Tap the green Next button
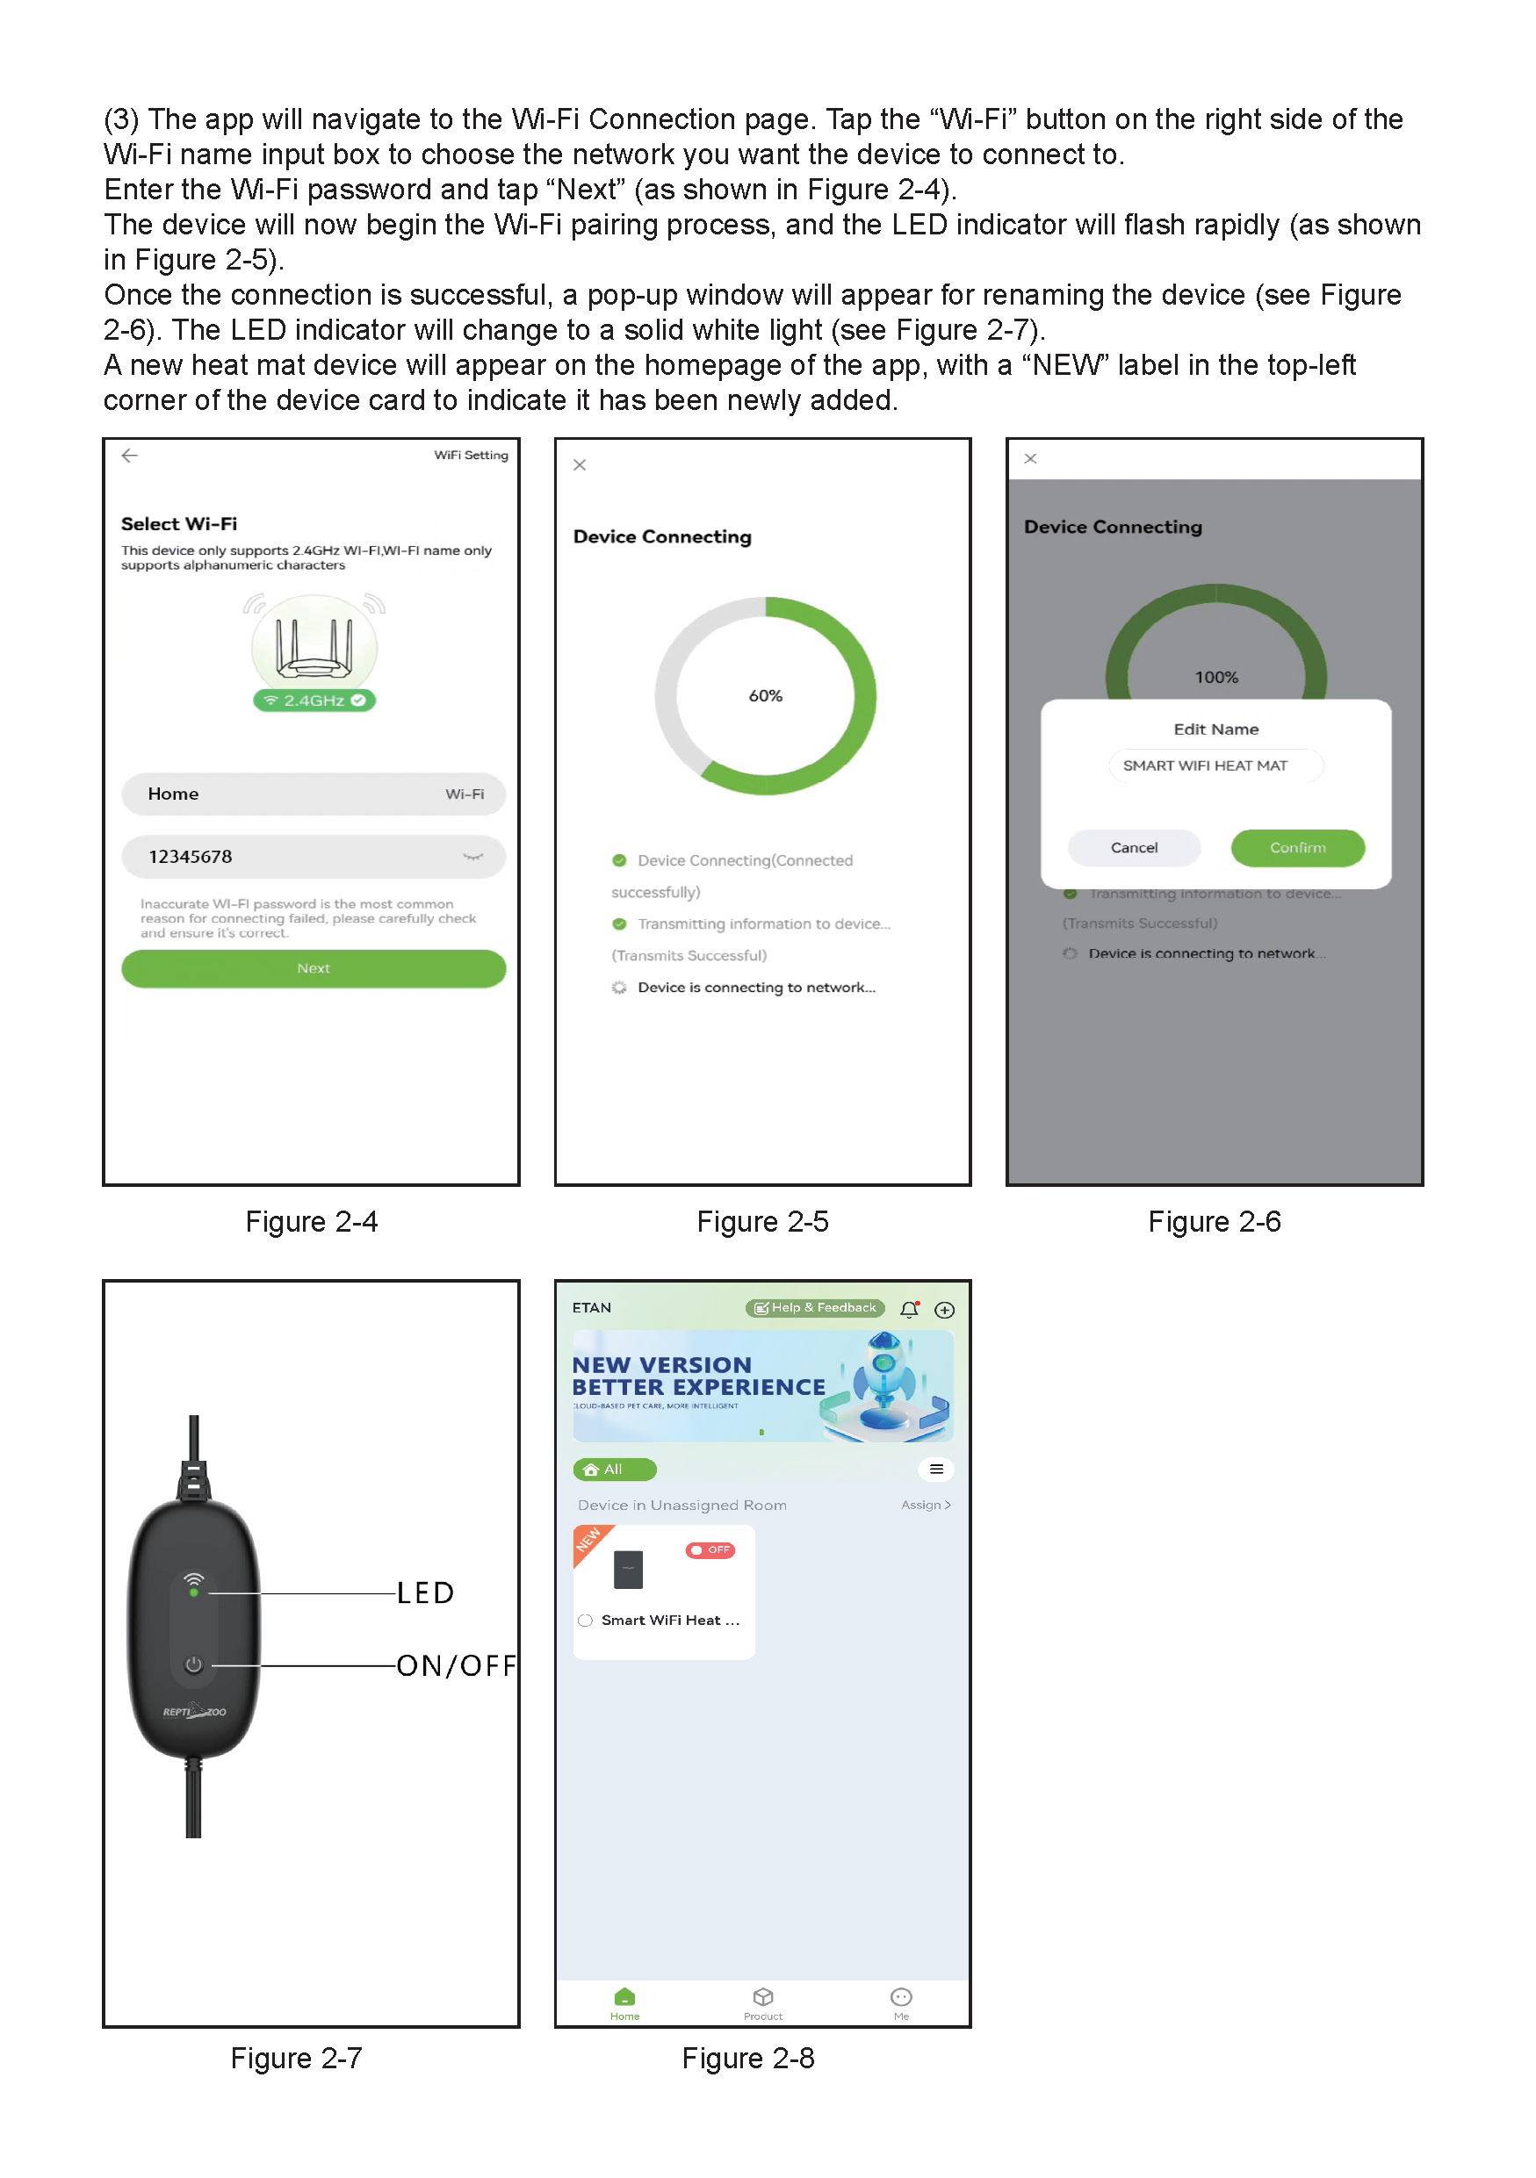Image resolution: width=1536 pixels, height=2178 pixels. pyautogui.click(x=313, y=968)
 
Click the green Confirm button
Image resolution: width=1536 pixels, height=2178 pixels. pyautogui.click(x=1297, y=847)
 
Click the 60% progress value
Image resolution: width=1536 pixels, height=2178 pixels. pyautogui.click(x=765, y=695)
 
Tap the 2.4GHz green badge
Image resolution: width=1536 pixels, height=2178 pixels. pyautogui.click(x=314, y=700)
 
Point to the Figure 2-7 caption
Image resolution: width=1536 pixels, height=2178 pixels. pyautogui.click(x=296, y=2058)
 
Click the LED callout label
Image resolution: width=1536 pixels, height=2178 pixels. pyautogui.click(x=425, y=1592)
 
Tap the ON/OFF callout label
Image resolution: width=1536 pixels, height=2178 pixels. pyautogui.click(x=456, y=1664)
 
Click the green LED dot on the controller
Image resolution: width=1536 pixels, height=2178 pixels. pyautogui.click(x=193, y=1592)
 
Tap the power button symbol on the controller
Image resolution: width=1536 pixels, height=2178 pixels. pyautogui.click(x=193, y=1664)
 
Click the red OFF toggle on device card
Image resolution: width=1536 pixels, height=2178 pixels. pyautogui.click(x=710, y=1550)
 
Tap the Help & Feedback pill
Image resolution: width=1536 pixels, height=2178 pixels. pyautogui.click(x=815, y=1308)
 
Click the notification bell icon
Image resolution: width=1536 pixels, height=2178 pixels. pyautogui.click(x=909, y=1309)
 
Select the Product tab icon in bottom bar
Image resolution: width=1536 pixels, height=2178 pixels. pyautogui.click(x=763, y=1997)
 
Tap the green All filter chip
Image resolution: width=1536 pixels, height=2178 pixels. pyautogui.click(x=614, y=1470)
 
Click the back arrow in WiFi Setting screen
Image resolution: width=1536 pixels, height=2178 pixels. pyautogui.click(x=130, y=456)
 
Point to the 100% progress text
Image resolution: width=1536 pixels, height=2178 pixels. pyautogui.click(x=1215, y=678)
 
